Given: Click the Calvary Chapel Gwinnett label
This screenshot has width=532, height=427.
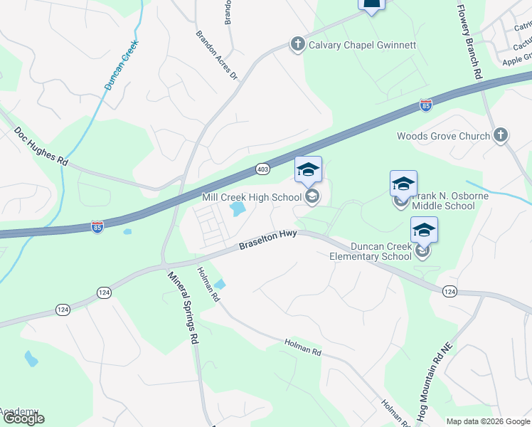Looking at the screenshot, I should pyautogui.click(x=361, y=45).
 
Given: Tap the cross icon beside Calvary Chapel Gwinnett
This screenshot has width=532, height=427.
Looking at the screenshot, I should pyautogui.click(x=297, y=45).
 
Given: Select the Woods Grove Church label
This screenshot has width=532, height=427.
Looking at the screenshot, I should pyautogui.click(x=444, y=136).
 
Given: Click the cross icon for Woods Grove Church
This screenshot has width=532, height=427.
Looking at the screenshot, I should pyautogui.click(x=501, y=135).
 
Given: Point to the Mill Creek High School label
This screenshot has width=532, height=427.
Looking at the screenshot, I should pyautogui.click(x=252, y=197).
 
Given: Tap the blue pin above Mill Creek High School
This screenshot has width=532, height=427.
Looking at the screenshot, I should pyautogui.click(x=308, y=170).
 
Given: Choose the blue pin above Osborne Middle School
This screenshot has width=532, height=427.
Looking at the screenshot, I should pyautogui.click(x=403, y=184).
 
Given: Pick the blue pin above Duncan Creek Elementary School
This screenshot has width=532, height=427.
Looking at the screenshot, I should pyautogui.click(x=424, y=230).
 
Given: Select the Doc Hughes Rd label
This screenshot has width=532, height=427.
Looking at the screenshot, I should pyautogui.click(x=41, y=147).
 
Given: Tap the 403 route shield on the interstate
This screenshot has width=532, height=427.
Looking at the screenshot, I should pyautogui.click(x=262, y=169).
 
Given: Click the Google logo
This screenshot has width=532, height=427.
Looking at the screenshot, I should pyautogui.click(x=23, y=418).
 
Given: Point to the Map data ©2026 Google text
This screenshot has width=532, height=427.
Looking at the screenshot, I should pyautogui.click(x=487, y=421).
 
